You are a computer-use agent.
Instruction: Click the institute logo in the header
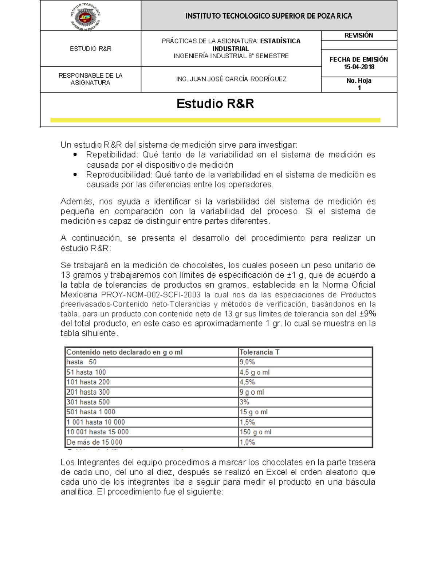point(86,16)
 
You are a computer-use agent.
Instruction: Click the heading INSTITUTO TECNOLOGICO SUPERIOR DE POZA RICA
point(269,16)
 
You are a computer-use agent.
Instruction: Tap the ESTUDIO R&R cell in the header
point(90,49)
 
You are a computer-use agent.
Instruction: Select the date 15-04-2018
point(359,67)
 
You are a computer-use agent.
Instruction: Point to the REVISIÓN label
point(359,35)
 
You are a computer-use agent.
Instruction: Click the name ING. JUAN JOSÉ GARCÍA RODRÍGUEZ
point(231,79)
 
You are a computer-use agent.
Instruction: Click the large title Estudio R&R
point(215,104)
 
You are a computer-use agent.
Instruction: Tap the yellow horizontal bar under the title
point(215,120)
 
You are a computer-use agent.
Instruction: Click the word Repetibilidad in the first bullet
point(112,155)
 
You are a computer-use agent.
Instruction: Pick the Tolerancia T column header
point(259,352)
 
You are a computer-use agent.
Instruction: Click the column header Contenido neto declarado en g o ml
point(124,352)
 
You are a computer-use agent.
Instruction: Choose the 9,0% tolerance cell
point(247,362)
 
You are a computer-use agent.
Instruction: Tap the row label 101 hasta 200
point(88,382)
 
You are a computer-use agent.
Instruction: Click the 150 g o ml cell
point(255,432)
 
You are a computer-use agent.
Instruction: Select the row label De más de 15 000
point(94,442)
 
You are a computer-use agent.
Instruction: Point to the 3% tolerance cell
point(244,402)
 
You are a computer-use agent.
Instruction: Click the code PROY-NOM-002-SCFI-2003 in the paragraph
point(151,295)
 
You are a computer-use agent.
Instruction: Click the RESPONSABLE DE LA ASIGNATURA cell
point(90,79)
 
